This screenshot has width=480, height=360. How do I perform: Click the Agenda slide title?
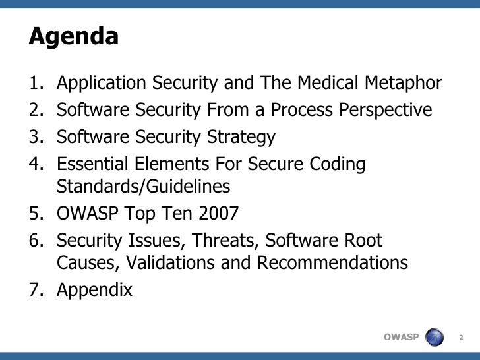coord(73,37)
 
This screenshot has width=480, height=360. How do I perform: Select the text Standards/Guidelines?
coord(144,187)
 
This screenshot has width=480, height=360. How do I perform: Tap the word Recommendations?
coord(333,263)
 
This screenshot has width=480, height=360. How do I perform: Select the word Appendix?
coord(94,290)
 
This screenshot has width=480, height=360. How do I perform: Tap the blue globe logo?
coord(435,337)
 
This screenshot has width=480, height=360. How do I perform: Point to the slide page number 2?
coord(462,338)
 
